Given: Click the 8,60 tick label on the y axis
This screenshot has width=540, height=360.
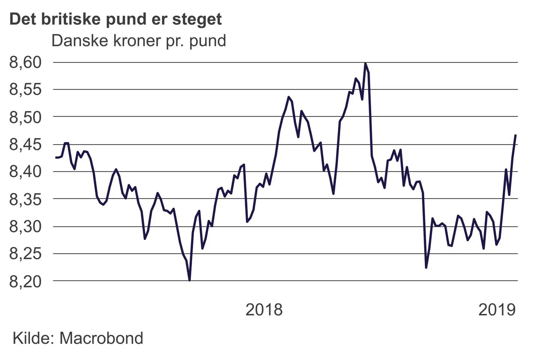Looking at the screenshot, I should tap(25, 62).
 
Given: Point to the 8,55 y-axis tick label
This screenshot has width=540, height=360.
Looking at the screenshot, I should tap(25, 90).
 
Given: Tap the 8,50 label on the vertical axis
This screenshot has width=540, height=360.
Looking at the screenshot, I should tap(25, 117).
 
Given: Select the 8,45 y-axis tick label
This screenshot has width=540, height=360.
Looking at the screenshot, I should tap(25, 144).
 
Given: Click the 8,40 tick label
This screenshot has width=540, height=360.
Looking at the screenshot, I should tap(25, 172).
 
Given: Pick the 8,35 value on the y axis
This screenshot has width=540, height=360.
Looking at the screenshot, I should tap(25, 199).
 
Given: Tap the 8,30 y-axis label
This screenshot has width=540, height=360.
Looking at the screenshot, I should tap(25, 226).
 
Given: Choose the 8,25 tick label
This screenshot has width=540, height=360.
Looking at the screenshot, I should tap(25, 254).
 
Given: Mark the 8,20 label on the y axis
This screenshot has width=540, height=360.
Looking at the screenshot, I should tap(25, 281).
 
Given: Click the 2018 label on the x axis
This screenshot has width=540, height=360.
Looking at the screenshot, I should tap(264, 310).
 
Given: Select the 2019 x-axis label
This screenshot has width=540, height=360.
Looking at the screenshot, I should tap(497, 310).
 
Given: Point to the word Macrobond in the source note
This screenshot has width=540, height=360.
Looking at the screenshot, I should tap(101, 338).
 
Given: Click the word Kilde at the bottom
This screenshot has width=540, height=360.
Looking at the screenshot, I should tap(32, 338).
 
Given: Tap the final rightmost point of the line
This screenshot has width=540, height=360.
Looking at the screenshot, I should tap(516, 135).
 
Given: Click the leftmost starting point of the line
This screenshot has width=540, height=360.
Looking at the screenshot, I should tap(56, 157).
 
